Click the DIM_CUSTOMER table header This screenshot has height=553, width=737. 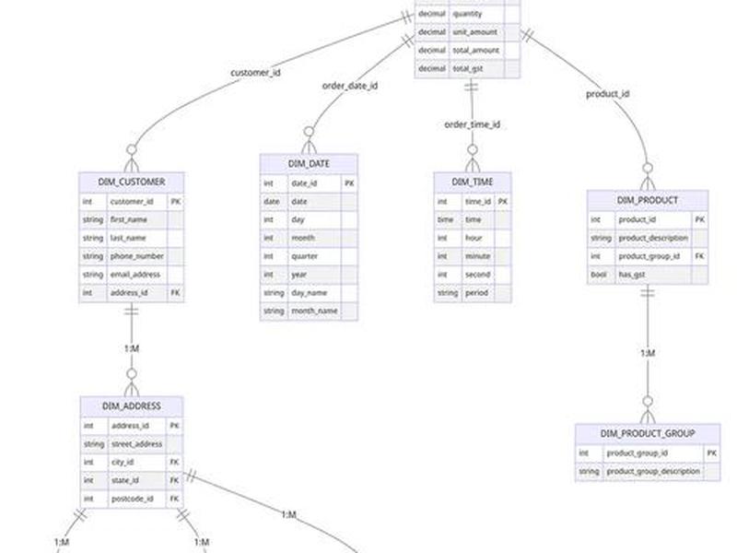click(132, 182)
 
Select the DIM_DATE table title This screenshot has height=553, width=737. click(309, 164)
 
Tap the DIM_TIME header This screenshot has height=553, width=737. click(473, 182)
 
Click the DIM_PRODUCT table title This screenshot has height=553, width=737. click(648, 200)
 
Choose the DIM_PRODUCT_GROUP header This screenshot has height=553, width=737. click(648, 433)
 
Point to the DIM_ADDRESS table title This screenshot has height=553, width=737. click(132, 406)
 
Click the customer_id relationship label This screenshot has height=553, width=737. click(256, 73)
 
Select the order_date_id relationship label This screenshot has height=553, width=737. click(350, 86)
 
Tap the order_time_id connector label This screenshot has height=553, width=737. click(473, 124)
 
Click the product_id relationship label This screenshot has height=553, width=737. click(608, 94)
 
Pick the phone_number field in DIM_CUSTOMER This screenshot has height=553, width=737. click(136, 256)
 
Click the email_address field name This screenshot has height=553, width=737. click(135, 275)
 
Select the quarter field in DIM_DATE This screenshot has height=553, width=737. click(305, 256)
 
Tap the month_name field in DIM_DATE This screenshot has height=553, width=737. click(314, 312)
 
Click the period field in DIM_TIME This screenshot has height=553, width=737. click(476, 293)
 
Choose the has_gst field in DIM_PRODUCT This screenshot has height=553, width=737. click(632, 275)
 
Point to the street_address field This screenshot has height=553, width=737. click(136, 444)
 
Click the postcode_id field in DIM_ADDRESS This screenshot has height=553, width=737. click(133, 499)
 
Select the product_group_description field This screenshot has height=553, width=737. click(653, 471)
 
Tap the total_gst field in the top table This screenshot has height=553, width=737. click(468, 68)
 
